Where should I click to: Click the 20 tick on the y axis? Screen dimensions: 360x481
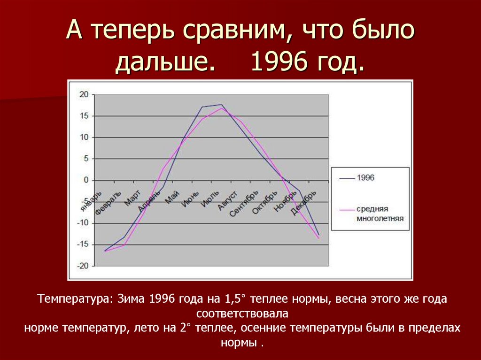point(84,94)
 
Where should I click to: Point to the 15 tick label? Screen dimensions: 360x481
point(84,116)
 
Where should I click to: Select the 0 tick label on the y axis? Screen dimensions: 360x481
point(85,180)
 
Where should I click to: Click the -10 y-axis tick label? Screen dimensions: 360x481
point(82,223)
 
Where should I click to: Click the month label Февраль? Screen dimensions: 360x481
point(109,203)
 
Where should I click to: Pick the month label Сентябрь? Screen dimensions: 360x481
point(244,203)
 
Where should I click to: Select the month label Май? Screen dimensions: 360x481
point(172,198)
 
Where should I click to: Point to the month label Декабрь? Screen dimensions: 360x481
point(304,203)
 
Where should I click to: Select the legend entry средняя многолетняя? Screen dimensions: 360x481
point(379,213)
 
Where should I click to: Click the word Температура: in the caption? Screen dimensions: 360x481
point(75,299)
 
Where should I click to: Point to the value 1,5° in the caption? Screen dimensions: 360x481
point(229,299)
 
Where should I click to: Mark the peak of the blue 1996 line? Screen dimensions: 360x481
point(221,105)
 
